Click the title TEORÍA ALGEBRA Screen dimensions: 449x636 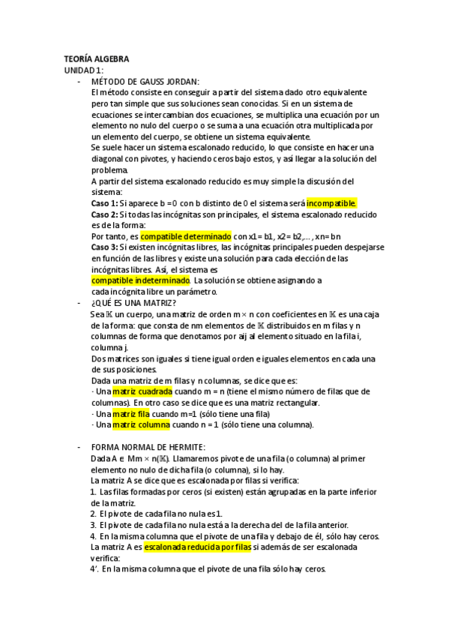96,58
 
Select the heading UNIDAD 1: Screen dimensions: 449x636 84,70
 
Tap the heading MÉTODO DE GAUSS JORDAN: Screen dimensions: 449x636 144,81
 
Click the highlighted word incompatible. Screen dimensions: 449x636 331,203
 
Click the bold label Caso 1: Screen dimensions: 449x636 104,203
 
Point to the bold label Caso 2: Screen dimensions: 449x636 104,214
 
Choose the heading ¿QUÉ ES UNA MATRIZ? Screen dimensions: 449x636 133,302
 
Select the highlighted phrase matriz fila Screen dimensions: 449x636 130,413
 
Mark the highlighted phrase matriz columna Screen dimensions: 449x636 139,424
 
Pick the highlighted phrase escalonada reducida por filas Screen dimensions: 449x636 198,547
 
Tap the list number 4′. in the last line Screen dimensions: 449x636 94,569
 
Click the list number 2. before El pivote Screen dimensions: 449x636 93,514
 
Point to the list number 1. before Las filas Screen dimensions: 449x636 93,491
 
